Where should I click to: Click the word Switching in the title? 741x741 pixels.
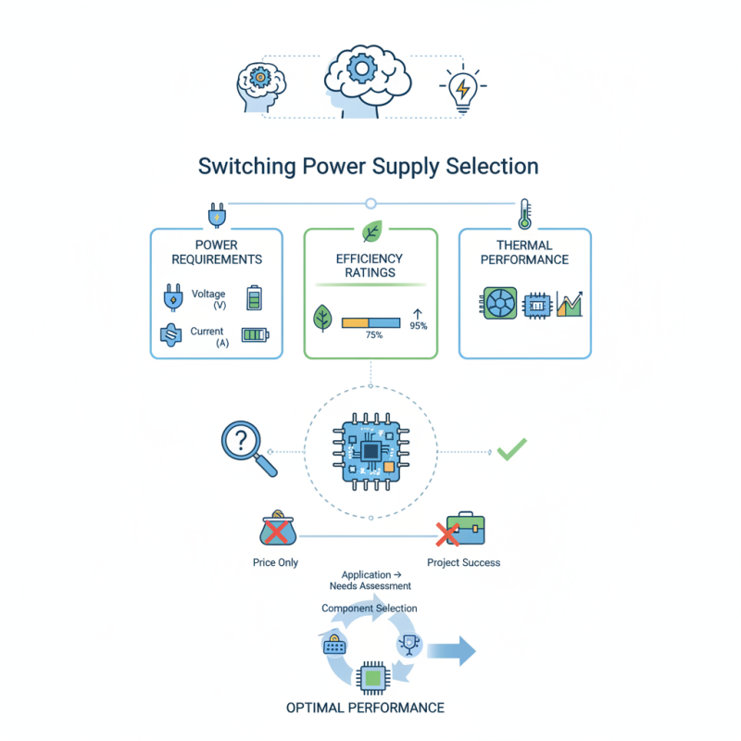(x=245, y=167)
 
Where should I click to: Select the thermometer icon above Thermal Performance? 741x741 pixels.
(x=525, y=213)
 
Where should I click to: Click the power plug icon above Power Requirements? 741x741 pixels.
(x=216, y=215)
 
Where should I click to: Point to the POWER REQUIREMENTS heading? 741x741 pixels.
(x=217, y=252)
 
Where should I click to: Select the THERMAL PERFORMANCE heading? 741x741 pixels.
(x=525, y=252)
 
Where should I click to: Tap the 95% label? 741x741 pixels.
(x=418, y=326)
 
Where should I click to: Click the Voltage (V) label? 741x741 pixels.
(x=208, y=299)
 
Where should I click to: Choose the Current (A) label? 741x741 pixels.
(x=208, y=336)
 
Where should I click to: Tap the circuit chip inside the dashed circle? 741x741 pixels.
(x=370, y=451)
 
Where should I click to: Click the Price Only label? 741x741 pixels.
(x=275, y=562)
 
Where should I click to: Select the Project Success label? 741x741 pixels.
(x=464, y=562)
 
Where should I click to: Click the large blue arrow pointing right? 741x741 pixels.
(x=453, y=650)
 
